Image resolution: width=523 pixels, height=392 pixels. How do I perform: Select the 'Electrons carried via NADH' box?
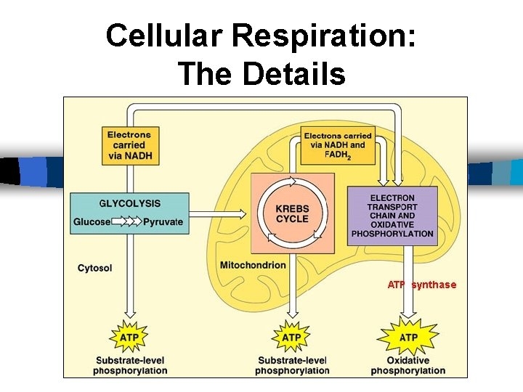tap(129, 144)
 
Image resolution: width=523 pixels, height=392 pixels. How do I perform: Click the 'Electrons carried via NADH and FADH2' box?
tap(337, 145)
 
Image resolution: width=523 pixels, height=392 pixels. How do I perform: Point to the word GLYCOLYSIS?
tap(129, 203)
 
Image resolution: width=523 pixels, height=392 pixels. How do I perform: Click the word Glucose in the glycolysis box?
tap(92, 221)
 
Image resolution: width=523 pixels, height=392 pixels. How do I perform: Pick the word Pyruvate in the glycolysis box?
tap(163, 221)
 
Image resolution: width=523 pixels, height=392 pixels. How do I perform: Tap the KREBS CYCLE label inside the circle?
tap(292, 213)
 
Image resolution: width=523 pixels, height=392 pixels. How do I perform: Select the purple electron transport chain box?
tap(392, 216)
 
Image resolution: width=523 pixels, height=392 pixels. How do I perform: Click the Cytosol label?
tap(95, 268)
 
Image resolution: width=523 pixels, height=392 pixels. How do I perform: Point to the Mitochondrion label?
tap(253, 265)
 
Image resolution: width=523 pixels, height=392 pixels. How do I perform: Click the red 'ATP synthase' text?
tap(422, 285)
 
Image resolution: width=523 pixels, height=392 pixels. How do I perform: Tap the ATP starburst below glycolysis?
tap(129, 338)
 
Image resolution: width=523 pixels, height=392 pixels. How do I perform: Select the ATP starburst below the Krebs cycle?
tap(291, 338)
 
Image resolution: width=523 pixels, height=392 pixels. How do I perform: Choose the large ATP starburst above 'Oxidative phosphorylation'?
tap(408, 338)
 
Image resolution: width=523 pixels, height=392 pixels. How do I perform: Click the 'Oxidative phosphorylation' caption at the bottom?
tap(408, 365)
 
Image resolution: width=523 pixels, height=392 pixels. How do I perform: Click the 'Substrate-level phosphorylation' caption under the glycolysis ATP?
tap(130, 365)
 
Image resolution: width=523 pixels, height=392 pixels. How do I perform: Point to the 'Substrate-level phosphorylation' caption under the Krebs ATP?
tap(292, 365)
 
